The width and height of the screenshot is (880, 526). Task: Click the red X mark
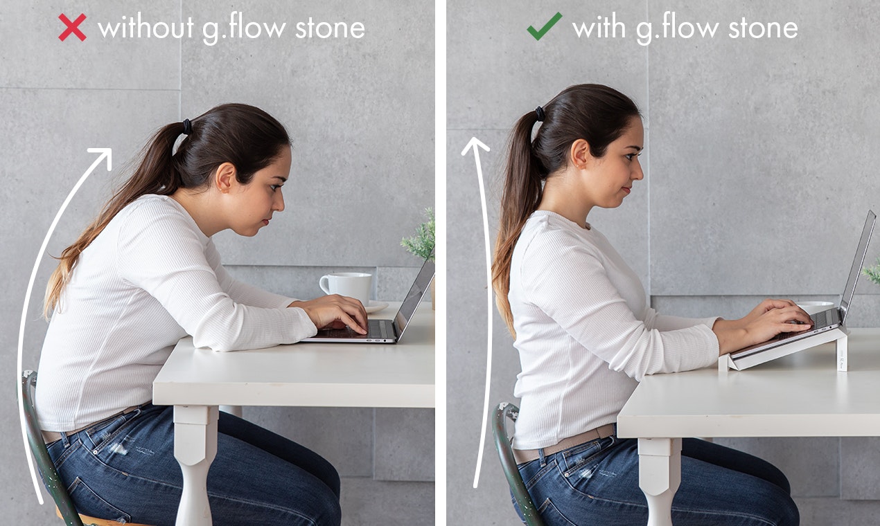point(72,27)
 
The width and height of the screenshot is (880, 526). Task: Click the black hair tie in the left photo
point(186,127)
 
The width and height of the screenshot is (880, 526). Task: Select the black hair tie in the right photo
point(540,113)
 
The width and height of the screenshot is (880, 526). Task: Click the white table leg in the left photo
point(193,464)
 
